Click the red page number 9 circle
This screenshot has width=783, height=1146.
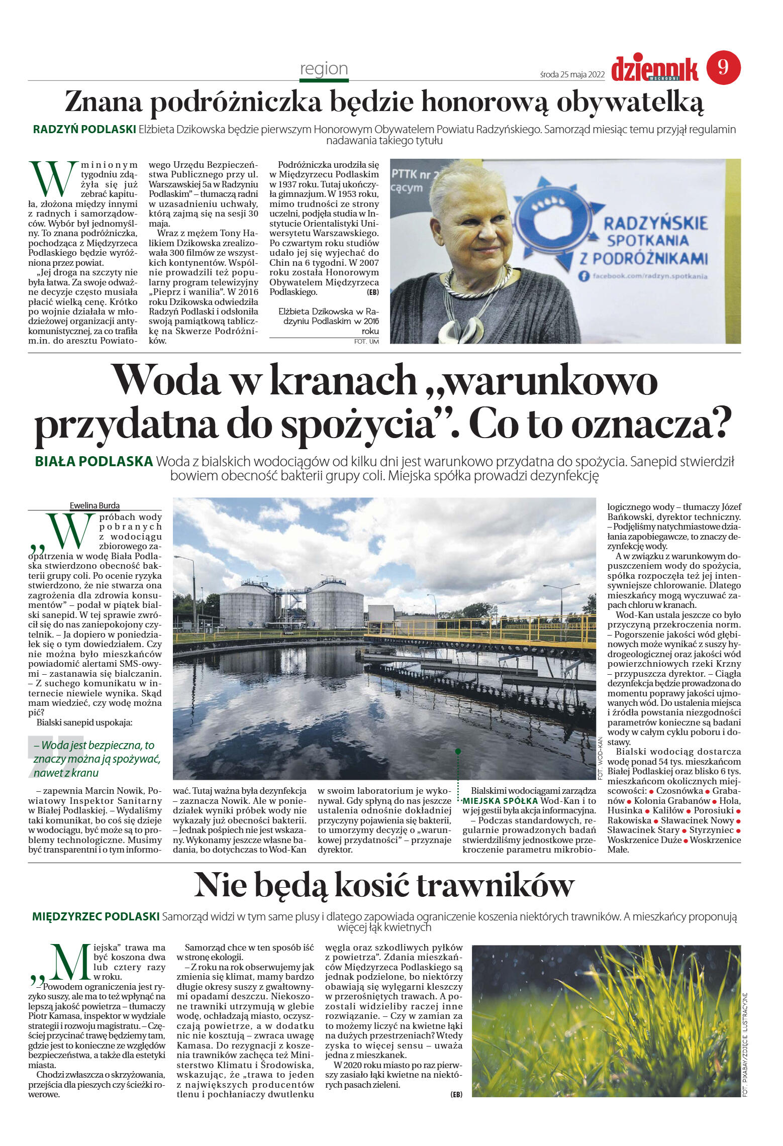pos(723,67)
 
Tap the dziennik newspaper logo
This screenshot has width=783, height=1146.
pos(654,69)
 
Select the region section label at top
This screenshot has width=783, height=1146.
pos(324,68)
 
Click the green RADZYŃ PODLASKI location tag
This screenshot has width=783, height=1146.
pos(84,129)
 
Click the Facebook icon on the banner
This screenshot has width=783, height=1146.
pos(584,276)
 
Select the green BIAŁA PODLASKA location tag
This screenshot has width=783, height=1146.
pos(94,461)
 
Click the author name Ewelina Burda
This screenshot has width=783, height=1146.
pos(94,505)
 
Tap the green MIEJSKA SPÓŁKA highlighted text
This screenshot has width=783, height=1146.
pos(500,801)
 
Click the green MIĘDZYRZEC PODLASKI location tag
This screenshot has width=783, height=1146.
pos(96,916)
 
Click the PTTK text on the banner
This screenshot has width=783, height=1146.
pos(407,174)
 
